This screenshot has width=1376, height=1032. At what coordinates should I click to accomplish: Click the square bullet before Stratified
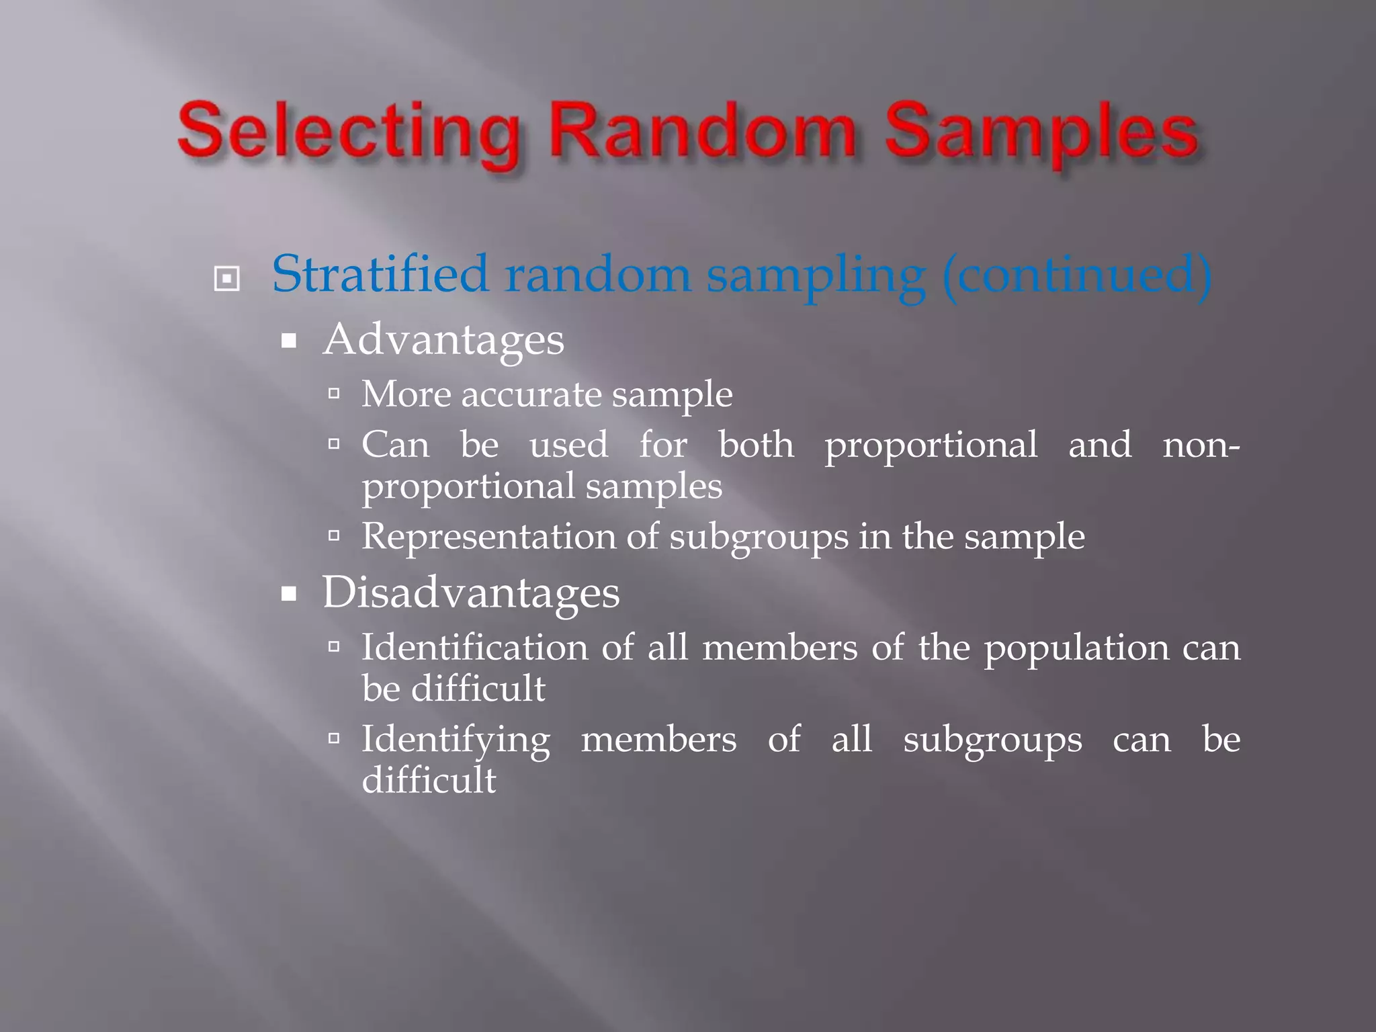click(x=226, y=278)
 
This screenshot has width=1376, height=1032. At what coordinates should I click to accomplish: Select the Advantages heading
click(x=443, y=340)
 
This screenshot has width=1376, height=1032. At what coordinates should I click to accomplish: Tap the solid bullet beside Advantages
click(x=289, y=341)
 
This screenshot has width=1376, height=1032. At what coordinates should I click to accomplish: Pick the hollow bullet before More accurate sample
click(x=334, y=393)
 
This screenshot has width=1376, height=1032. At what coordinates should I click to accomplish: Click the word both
click(x=756, y=445)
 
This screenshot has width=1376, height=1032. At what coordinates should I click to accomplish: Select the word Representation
click(x=488, y=537)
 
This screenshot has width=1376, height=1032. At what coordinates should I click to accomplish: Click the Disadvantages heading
click(x=471, y=593)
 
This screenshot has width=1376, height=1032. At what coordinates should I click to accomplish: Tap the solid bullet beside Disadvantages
click(x=289, y=594)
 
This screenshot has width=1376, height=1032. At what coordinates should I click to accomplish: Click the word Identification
click(x=475, y=648)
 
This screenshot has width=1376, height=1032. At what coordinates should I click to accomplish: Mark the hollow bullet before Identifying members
click(x=334, y=739)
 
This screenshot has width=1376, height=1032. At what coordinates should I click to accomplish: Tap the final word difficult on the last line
click(x=429, y=780)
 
